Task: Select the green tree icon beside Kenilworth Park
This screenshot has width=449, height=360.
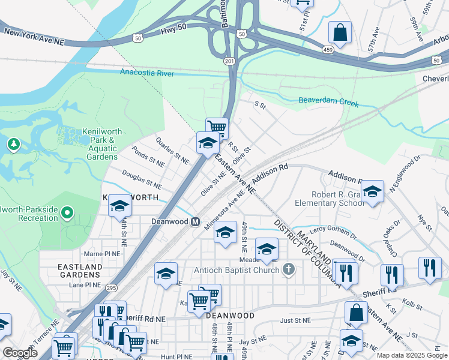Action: pyautogui.click(x=13, y=145)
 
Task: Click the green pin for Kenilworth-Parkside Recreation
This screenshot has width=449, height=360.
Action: pyautogui.click(x=67, y=212)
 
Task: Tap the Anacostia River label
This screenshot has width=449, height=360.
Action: pyautogui.click(x=146, y=73)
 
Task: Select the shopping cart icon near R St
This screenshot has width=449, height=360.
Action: pyautogui.click(x=217, y=127)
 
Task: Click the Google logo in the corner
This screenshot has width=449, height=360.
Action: pyautogui.click(x=20, y=353)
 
